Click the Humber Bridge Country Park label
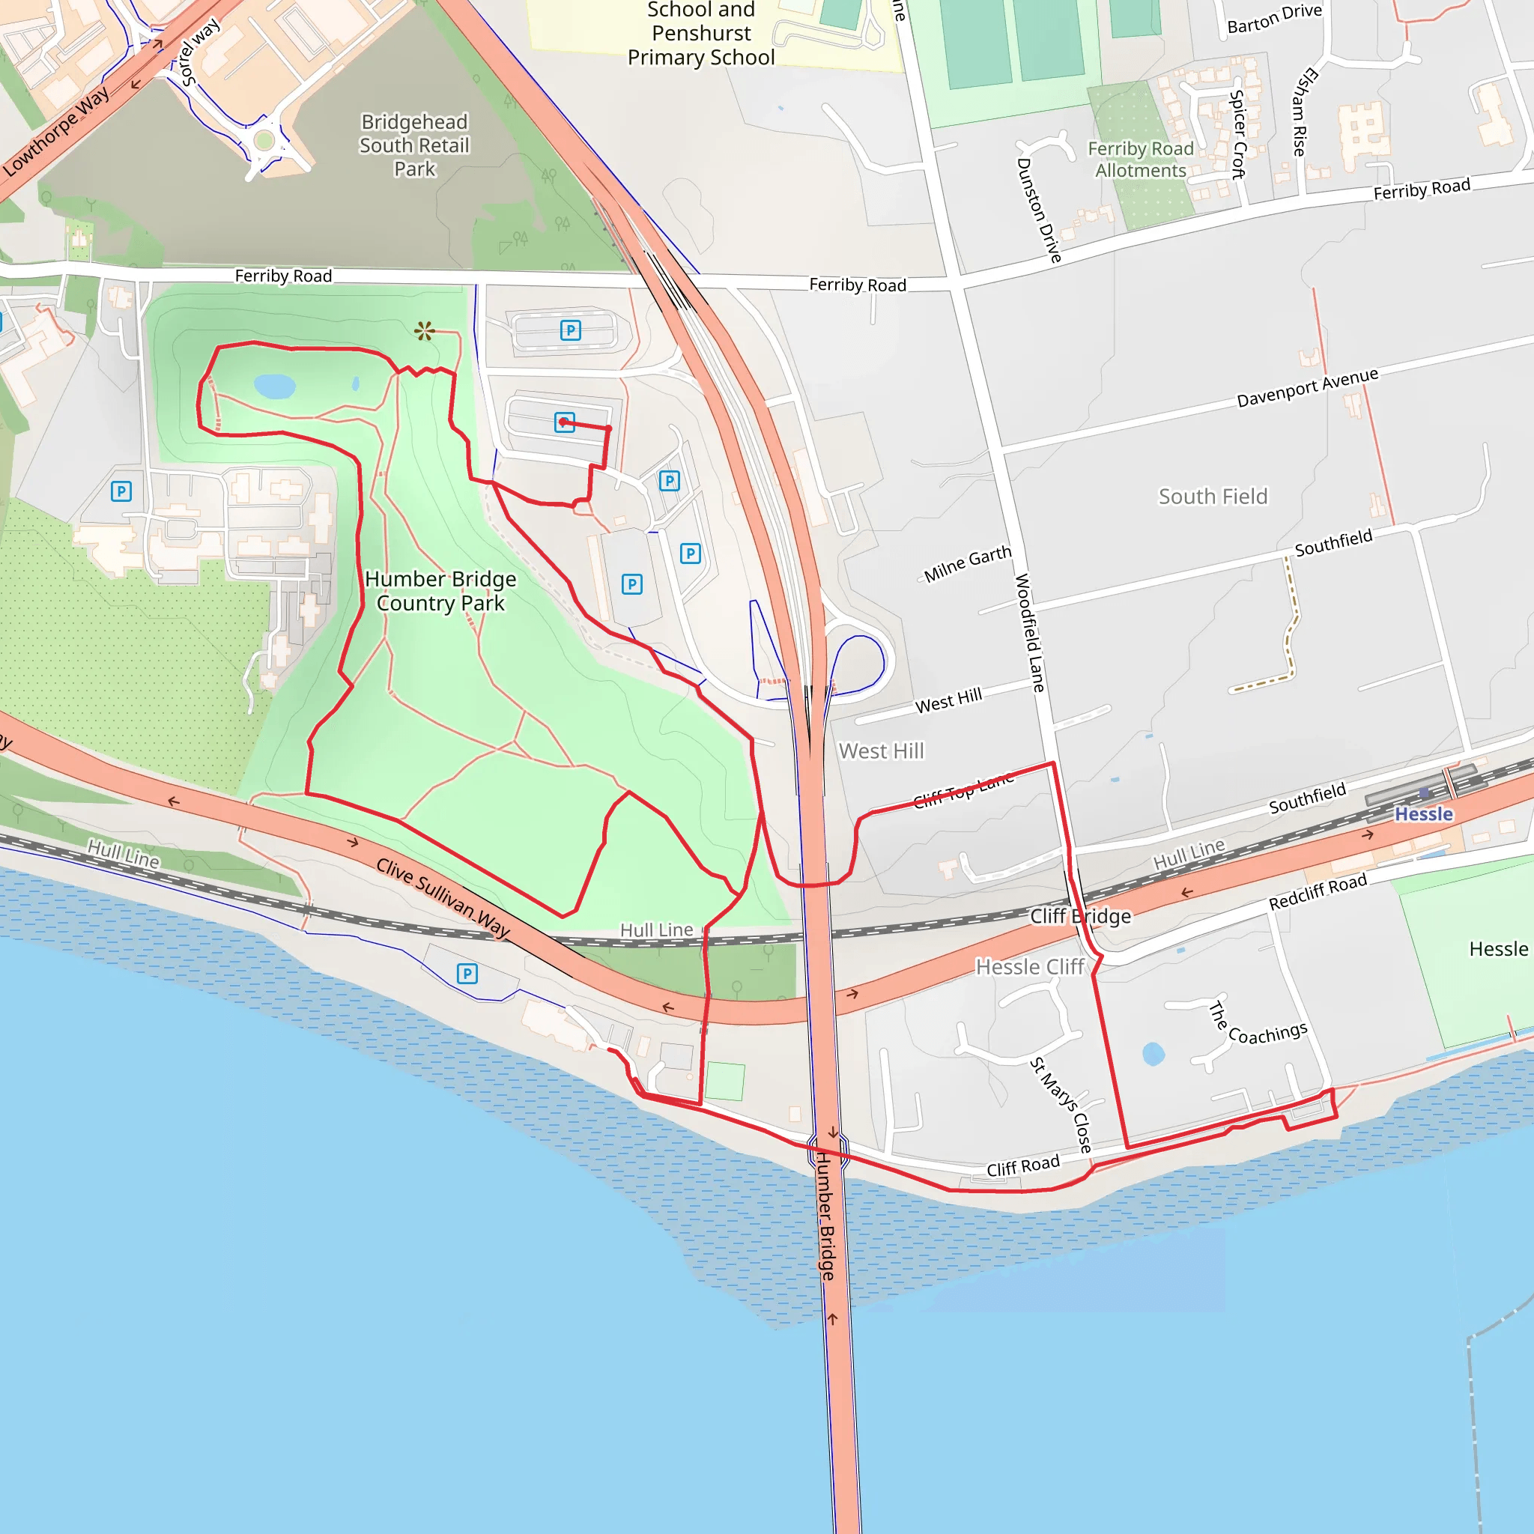coord(440,591)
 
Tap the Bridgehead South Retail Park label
coord(414,145)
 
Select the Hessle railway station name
coord(1423,814)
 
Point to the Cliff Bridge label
coord(1080,916)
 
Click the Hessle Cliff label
coord(1030,967)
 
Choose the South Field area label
coord(1213,497)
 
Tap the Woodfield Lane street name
coord(1030,633)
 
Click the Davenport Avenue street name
coord(1307,388)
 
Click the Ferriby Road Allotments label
coord(1140,160)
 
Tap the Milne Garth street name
coord(967,563)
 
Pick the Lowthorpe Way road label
coord(56,133)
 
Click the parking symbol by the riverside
coord(467,974)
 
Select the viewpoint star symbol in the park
coord(425,331)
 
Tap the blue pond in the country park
coord(275,386)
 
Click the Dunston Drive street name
coord(1039,210)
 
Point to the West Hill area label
coord(882,751)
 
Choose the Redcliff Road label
coord(1318,891)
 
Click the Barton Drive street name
coord(1274,19)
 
